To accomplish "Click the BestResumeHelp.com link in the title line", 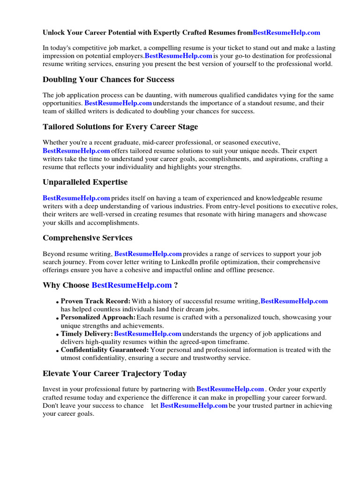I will (x=286, y=32).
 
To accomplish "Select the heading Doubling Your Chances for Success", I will (x=108, y=79).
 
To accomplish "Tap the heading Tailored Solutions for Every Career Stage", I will (x=120, y=127).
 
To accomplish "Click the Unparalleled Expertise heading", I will (x=85, y=182).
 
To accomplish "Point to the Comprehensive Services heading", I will (x=87, y=238).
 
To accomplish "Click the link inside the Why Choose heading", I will (x=132, y=285).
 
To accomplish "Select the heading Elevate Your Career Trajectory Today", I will (x=114, y=373).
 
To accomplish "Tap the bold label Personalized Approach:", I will (x=98, y=317).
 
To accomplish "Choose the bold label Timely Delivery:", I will (x=87, y=334).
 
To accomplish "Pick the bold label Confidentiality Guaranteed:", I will (x=105, y=350).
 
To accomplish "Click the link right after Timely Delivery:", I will (x=148, y=334).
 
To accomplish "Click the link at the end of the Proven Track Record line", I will (x=294, y=301).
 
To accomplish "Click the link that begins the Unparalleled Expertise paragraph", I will (x=76, y=198).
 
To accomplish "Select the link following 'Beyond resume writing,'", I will (x=148, y=254).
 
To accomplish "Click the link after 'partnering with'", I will (x=230, y=389).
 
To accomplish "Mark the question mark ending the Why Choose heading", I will (x=176, y=285).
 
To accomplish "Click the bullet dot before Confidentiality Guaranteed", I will (x=57, y=351).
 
